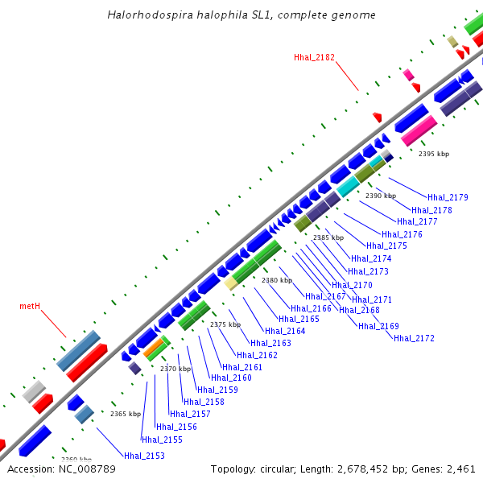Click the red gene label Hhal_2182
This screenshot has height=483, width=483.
coord(314,57)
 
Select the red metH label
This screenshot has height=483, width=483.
coord(30,306)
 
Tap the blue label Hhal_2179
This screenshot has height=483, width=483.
coord(448,197)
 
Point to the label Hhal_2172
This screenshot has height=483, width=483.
coord(414,338)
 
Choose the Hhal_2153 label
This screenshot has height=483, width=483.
coord(144,456)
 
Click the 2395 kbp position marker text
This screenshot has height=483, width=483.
coord(434,154)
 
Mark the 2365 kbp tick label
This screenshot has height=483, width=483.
coord(126,414)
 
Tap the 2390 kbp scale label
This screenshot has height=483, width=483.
coord(381,196)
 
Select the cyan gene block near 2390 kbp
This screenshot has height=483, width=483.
coord(348,188)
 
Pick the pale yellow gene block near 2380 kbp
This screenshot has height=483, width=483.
coord(231,283)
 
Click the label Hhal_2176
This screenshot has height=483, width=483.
coord(402,234)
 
